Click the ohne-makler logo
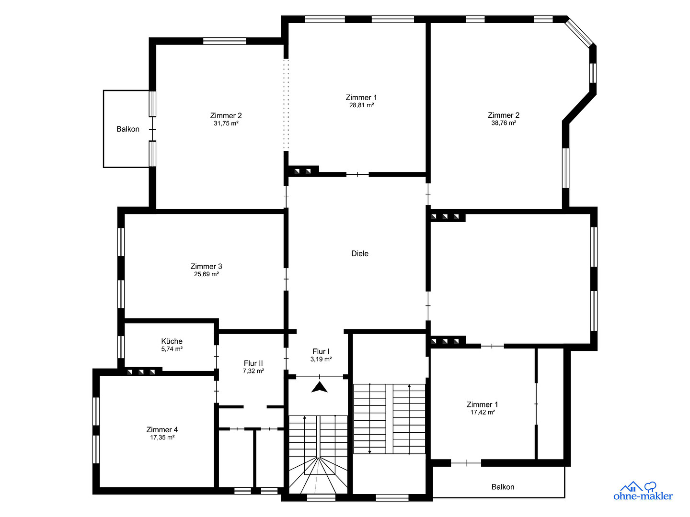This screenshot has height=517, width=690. [x=643, y=491]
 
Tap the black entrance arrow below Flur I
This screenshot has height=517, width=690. [x=320, y=387]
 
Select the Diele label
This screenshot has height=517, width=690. [x=360, y=253]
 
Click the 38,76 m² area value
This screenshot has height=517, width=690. [x=504, y=123]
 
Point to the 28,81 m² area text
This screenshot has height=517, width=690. [x=361, y=105]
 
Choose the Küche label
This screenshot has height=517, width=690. [x=172, y=341]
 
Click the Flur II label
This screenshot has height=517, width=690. [x=253, y=363]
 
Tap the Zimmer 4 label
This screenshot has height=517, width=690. [x=162, y=429]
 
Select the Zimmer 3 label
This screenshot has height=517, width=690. [x=206, y=266]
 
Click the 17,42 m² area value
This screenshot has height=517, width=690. [x=483, y=412]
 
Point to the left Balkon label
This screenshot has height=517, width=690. [x=127, y=129]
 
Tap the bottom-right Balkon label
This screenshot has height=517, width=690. [x=503, y=487]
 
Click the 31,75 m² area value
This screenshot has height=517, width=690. [x=226, y=124]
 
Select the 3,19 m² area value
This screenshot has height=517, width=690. [x=321, y=359]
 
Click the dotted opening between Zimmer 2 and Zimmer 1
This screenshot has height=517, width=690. [x=286, y=104]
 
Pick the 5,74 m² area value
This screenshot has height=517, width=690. [x=172, y=349]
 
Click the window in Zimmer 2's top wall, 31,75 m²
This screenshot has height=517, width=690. [x=224, y=41]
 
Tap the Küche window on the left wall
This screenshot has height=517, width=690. [x=121, y=347]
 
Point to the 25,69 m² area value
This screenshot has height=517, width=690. [x=206, y=274]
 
